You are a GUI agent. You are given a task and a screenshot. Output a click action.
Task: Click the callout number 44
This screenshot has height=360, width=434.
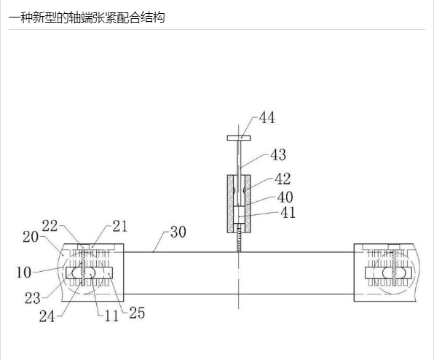click(x=267, y=118)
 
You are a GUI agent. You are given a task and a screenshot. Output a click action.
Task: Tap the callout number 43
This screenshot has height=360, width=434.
click(x=278, y=154)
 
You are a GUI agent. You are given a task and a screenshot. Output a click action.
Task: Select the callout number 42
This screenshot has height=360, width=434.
click(x=283, y=179)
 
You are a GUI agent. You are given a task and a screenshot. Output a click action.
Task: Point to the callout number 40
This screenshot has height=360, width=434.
click(x=285, y=197)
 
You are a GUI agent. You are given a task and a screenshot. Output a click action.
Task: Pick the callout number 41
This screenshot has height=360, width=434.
click(x=288, y=213)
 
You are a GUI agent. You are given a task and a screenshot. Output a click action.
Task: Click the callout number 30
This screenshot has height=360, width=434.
click(x=178, y=232)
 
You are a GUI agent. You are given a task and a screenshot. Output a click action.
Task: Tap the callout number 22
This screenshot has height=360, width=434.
click(x=50, y=226)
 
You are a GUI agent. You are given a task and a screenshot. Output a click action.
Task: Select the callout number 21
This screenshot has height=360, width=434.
click(x=120, y=226)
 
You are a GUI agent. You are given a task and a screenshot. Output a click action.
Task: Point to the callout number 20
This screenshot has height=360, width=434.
click(x=31, y=237)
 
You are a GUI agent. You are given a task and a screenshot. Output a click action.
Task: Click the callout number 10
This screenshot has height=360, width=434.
click(x=24, y=273)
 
